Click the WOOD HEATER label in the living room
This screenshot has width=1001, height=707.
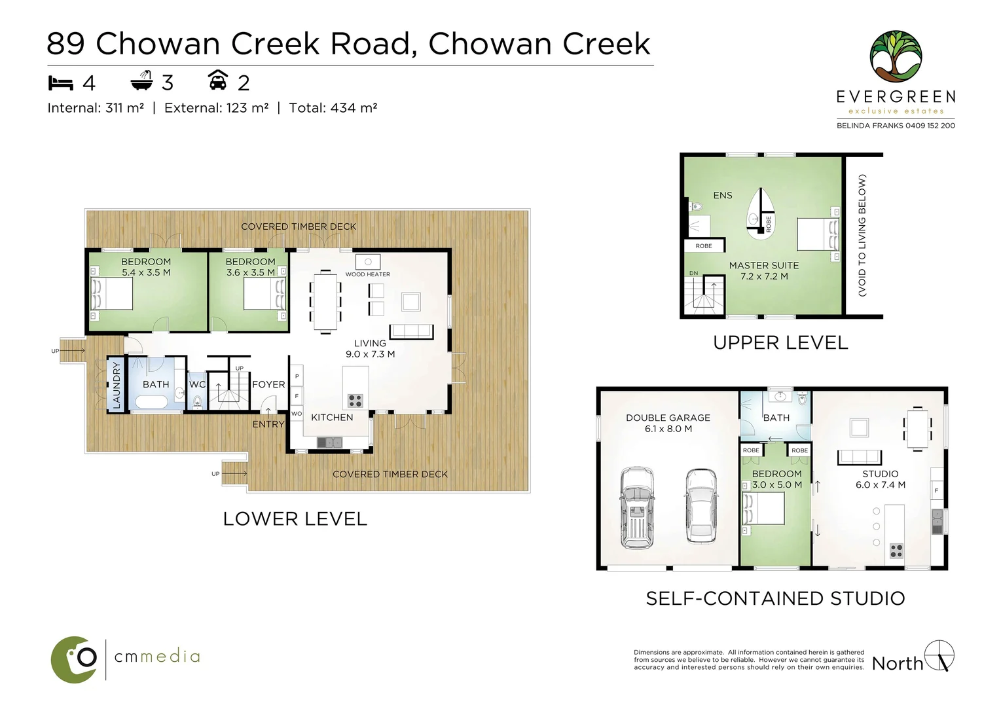point(367,274)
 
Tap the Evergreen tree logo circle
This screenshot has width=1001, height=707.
point(896,57)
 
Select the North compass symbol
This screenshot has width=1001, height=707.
point(939,655)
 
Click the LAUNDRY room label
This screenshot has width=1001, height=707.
point(117,385)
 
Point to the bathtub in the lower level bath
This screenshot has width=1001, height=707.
point(151,402)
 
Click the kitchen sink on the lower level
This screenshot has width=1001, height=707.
point(329,443)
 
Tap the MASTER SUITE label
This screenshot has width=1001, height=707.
point(764,266)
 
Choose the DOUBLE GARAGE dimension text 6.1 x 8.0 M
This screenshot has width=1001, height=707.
point(668,429)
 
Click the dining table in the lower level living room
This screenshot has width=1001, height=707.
point(325,302)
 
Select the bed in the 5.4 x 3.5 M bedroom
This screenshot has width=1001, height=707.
point(112,294)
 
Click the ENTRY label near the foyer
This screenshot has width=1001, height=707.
point(268,424)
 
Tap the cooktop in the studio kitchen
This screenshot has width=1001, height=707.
point(896,551)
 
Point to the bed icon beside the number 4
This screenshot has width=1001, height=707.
point(60,83)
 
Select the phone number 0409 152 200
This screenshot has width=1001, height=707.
point(930,126)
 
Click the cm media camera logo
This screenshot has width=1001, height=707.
point(74,659)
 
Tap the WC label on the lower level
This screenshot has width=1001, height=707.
point(197,384)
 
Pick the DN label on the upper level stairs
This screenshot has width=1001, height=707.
point(693,273)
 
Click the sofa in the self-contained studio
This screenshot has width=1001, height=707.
point(860,458)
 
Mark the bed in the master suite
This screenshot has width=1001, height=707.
point(818,234)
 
